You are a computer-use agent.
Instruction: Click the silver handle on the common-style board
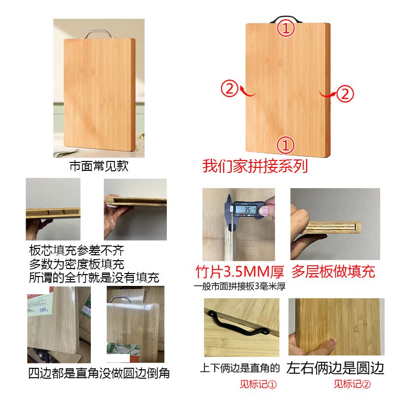97,31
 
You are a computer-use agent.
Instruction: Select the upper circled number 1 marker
286,28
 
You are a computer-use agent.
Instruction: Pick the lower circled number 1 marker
286,145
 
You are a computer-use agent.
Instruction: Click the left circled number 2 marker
230,88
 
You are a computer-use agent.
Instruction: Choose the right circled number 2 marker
345,93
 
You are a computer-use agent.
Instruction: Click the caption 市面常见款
99,166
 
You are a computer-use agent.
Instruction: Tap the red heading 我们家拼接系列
255,166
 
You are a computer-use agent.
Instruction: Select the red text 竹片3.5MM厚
239,272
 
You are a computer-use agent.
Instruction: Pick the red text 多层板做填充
333,271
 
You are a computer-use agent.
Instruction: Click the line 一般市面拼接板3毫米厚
239,286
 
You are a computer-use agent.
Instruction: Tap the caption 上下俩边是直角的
240,368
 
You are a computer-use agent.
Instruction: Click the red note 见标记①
258,385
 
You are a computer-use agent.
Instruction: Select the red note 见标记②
353,384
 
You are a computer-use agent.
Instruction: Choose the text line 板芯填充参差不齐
77,250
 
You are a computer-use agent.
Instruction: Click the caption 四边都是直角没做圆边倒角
99,373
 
